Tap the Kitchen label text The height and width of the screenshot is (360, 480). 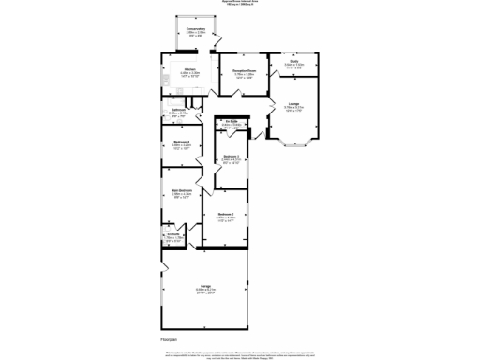click(188, 70)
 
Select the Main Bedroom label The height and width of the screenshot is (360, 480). click(181, 192)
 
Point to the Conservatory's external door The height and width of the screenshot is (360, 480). click(217, 43)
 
